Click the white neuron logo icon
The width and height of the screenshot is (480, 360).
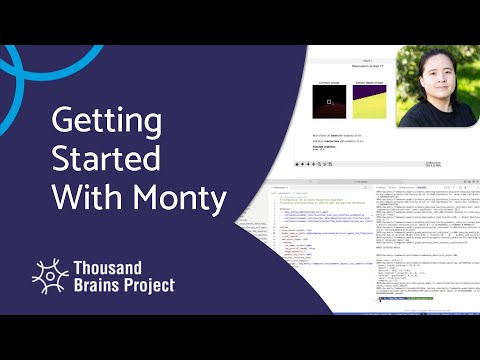[x=51, y=276]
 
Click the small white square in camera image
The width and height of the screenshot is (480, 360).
[x=330, y=101]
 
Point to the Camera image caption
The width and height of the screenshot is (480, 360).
[x=329, y=80]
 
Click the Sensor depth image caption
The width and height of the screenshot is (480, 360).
[x=371, y=80]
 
